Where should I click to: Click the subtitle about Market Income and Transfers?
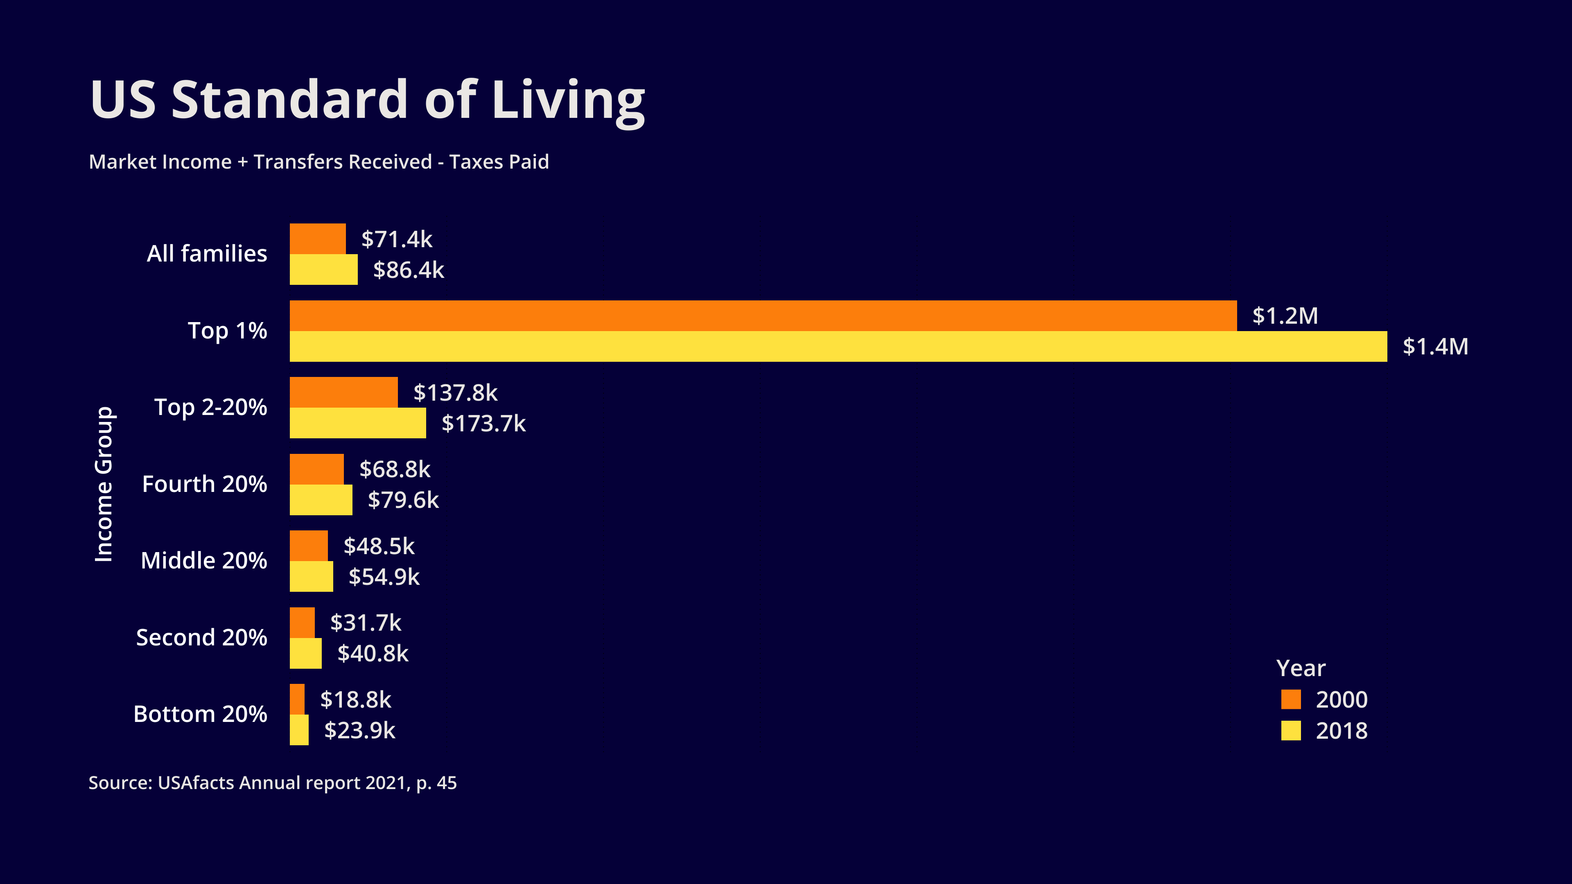pos(318,162)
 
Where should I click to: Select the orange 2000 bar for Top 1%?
pos(763,316)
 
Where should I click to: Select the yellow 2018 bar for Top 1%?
pos(838,347)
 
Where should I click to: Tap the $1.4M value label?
pos(1435,347)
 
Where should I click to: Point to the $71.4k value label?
pos(397,239)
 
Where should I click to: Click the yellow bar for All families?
pos(323,270)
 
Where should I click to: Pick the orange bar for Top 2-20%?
pos(343,392)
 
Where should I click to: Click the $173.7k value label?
pos(483,424)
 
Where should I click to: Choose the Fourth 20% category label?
pos(204,484)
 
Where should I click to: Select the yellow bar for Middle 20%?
pos(311,577)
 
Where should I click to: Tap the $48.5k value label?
pos(379,546)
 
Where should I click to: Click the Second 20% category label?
pos(201,638)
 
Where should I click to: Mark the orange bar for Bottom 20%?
pos(297,699)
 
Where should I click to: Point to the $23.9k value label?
pos(359,730)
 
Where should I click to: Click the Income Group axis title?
pos(104,484)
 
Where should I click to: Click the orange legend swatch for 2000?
pos(1291,699)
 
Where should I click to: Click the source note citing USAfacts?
pos(272,783)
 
